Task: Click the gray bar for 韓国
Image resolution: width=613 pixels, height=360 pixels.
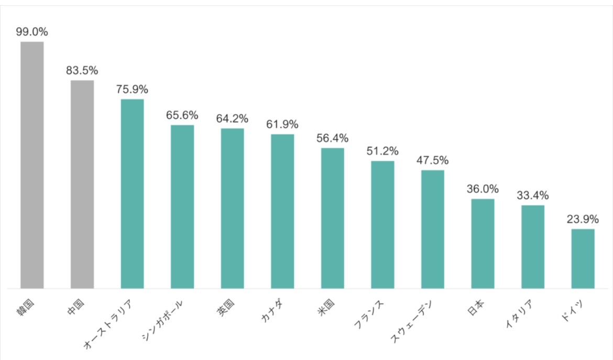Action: click(x=32, y=165)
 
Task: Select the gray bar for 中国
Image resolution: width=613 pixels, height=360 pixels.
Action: click(x=82, y=184)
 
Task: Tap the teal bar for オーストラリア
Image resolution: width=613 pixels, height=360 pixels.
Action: click(x=132, y=193)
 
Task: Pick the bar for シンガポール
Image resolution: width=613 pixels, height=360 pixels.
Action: click(x=182, y=206)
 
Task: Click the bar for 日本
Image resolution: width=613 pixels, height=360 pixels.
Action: click(x=483, y=244)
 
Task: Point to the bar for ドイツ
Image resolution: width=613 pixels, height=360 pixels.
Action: click(x=583, y=258)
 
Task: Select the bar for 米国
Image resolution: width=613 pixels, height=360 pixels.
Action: click(x=333, y=218)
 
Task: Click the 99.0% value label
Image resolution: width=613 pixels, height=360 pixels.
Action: click(x=32, y=32)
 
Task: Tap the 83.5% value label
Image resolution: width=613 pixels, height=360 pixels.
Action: click(x=82, y=71)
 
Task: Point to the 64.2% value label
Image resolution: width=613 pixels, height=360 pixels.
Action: click(x=232, y=119)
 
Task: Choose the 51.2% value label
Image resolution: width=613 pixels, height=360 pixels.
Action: click(x=382, y=151)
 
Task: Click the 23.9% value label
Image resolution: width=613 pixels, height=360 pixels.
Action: click(x=583, y=220)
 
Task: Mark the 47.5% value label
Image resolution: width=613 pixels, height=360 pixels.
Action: click(x=433, y=160)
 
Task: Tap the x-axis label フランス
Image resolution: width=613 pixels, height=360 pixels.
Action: click(x=370, y=315)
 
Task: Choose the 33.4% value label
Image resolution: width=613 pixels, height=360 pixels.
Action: click(x=533, y=196)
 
